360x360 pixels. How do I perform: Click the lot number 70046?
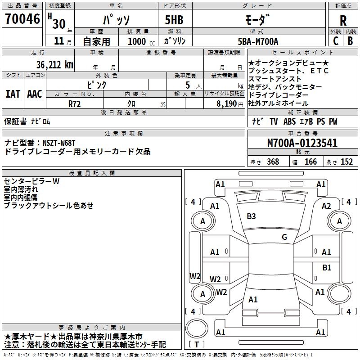click(22, 19)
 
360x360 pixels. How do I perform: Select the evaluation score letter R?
click(343, 20)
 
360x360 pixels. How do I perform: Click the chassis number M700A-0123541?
click(302, 144)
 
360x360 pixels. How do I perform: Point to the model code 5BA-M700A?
click(258, 42)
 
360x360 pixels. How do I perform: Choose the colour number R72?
click(75, 103)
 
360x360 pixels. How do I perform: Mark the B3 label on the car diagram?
click(251, 216)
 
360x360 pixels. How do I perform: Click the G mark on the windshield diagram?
click(284, 237)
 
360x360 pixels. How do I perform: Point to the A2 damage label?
click(326, 206)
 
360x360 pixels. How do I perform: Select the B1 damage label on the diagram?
click(327, 268)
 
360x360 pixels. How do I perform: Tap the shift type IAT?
click(13, 94)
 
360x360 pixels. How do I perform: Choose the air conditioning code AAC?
click(35, 94)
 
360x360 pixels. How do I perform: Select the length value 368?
click(273, 162)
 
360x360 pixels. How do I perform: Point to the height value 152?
click(346, 162)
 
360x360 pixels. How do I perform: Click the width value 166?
click(310, 162)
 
